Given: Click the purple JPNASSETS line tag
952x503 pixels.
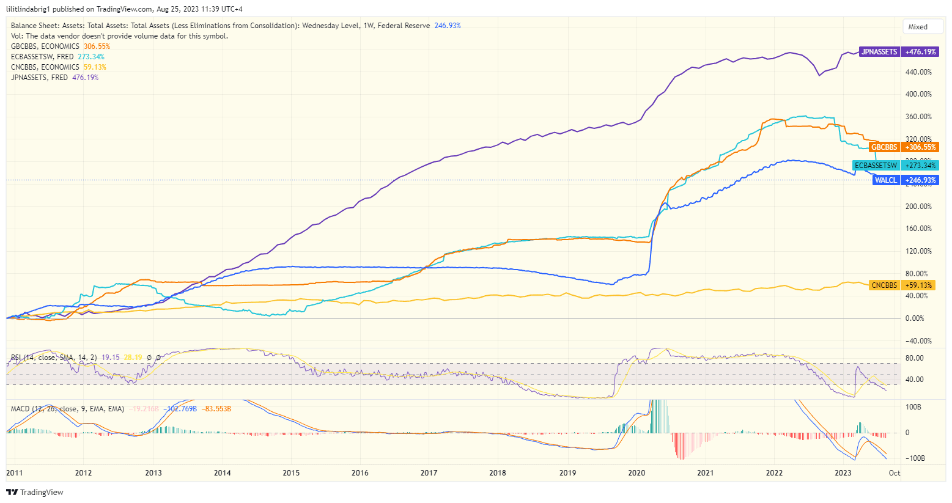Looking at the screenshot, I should pyautogui.click(x=879, y=52).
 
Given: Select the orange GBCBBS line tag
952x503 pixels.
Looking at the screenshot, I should pyautogui.click(x=884, y=147).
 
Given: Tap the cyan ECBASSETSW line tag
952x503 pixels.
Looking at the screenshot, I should pyautogui.click(x=876, y=166).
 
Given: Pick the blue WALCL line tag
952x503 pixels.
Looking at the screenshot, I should pyautogui.click(x=885, y=180).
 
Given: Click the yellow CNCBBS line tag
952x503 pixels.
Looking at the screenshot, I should pyautogui.click(x=884, y=285).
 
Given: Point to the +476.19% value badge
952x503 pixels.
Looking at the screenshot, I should pyautogui.click(x=920, y=52).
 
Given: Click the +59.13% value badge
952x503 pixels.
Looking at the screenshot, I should pyautogui.click(x=919, y=285).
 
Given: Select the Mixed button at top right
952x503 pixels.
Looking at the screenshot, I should pyautogui.click(x=918, y=27).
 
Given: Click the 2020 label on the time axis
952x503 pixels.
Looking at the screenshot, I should pyautogui.click(x=637, y=472).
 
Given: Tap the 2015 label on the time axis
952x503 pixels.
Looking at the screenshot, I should pyautogui.click(x=291, y=472).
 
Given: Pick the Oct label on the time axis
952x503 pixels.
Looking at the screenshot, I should pyautogui.click(x=894, y=472).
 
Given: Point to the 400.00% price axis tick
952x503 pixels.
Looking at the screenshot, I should pyautogui.click(x=918, y=94).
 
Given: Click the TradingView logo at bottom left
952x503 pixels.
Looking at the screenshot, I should pyautogui.click(x=35, y=493).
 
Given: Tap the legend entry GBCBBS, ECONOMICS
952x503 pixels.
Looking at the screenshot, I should pyautogui.click(x=45, y=46).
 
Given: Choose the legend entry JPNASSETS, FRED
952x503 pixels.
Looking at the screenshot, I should pyautogui.click(x=39, y=78).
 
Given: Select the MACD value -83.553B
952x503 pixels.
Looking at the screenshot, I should pyautogui.click(x=218, y=409).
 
